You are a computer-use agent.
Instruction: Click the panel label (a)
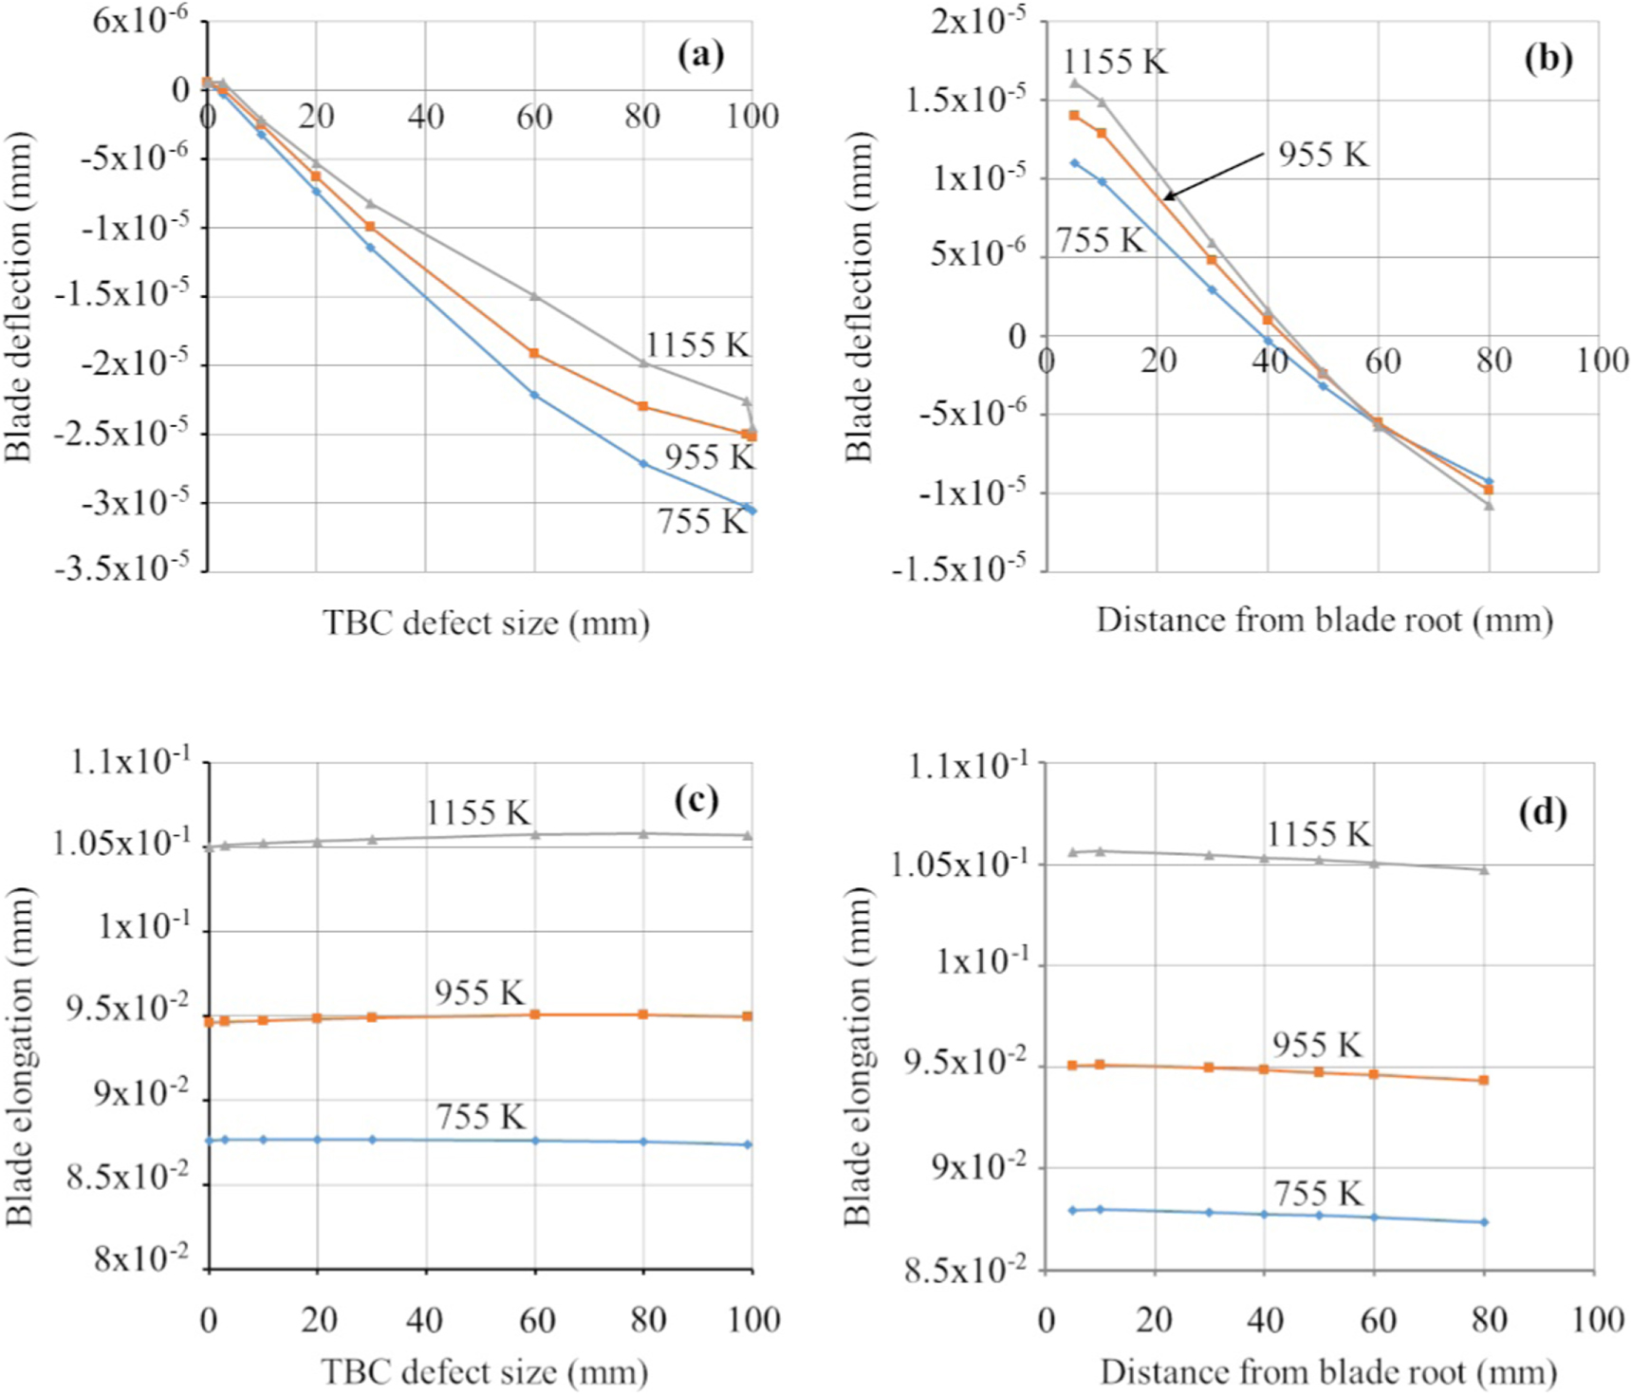tap(700, 55)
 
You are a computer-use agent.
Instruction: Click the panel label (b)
tap(1548, 58)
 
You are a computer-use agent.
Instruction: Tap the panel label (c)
tap(696, 800)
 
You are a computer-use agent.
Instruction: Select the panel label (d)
tap(1542, 812)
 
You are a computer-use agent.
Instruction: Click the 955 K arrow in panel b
tap(1215, 175)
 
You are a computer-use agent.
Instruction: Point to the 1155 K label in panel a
tap(697, 344)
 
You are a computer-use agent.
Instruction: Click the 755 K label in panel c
tap(481, 1116)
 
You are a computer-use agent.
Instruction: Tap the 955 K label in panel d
tap(1317, 1045)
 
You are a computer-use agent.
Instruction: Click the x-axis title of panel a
tap(486, 623)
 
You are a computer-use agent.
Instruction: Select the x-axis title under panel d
tap(1328, 1371)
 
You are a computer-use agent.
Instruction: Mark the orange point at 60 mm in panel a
tap(534, 353)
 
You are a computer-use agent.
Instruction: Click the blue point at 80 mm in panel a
tap(643, 463)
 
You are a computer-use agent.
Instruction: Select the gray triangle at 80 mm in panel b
tap(1489, 506)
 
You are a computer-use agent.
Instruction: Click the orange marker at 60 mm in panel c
tap(535, 1014)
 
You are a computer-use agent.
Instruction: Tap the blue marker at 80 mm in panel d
tap(1484, 1222)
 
